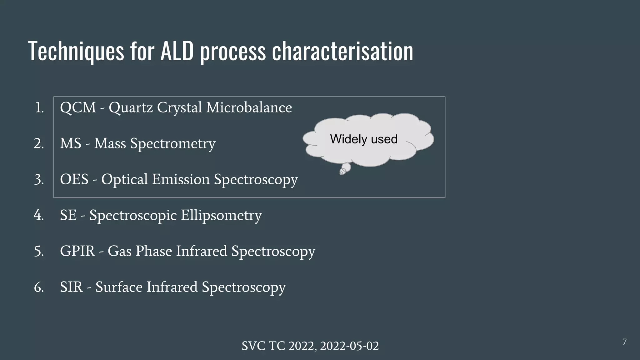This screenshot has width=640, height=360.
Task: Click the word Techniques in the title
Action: (76, 51)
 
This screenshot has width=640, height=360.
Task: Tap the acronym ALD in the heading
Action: (177, 51)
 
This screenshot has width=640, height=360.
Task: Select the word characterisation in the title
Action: (342, 51)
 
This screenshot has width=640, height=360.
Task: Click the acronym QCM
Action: (78, 107)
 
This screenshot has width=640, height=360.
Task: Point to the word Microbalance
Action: (249, 107)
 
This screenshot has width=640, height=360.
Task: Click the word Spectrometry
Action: (172, 144)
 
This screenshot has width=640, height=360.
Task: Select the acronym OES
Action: (74, 179)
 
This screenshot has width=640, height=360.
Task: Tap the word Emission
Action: (181, 179)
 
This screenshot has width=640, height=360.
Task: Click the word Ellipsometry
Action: (221, 216)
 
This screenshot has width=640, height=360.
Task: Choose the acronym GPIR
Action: (77, 251)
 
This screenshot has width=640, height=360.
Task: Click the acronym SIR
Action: (71, 287)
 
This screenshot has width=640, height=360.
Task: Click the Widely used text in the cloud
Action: (363, 139)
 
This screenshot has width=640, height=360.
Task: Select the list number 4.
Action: (38, 215)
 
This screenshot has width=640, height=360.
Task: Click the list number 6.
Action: (38, 287)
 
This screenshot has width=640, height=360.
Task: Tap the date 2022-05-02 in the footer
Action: (349, 346)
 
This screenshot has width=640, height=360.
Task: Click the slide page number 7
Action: (624, 342)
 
